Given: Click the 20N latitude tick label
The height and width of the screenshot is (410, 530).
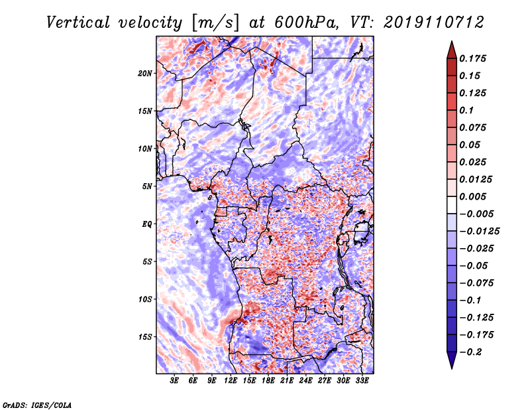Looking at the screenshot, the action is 145,74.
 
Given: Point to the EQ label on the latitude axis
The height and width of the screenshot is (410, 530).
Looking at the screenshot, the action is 147,224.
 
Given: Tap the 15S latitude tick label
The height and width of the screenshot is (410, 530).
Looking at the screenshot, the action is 145,337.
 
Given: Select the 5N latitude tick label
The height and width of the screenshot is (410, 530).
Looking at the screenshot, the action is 147,186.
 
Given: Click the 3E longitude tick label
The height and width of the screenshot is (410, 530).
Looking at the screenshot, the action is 174,381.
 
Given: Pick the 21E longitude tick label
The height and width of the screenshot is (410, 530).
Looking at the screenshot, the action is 287,381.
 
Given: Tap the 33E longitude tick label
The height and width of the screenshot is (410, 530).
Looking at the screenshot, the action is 362,381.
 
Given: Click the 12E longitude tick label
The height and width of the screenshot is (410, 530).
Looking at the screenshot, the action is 231,381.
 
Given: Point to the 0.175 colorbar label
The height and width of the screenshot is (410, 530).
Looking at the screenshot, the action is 472,58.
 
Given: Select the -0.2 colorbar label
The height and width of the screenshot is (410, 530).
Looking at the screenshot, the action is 470,352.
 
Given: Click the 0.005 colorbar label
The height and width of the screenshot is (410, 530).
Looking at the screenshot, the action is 472,196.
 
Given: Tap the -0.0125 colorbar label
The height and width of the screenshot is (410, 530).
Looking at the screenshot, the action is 479,232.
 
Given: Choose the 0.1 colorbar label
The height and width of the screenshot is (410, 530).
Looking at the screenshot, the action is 466,110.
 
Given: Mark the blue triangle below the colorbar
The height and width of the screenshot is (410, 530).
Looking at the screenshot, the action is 452,360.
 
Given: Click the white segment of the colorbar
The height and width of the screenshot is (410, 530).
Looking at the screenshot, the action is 452,205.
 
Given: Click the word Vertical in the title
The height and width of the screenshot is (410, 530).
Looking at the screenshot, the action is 78,23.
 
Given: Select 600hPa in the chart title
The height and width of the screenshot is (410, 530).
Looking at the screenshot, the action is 306,23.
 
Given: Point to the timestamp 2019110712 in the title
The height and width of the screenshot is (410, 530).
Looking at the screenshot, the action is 434,23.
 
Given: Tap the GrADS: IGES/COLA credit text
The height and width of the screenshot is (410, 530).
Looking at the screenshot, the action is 37,405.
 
